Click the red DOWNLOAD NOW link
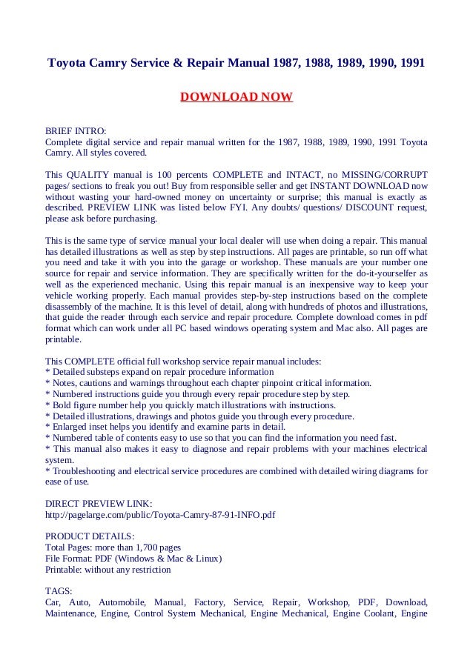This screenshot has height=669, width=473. coord(236,97)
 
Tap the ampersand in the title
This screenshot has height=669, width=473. coord(180,63)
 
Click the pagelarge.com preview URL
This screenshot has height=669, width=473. coord(159,513)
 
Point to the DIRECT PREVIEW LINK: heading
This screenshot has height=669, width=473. coord(99,502)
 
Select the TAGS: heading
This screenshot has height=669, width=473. coord(59,591)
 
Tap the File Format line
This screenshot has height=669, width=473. coord(133,559)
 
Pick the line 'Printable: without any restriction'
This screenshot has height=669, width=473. coord(108,570)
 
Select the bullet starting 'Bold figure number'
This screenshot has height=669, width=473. coord(191,405)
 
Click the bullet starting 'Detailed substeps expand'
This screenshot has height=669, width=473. coord(159,371)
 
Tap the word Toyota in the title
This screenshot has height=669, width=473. coord(70,63)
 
